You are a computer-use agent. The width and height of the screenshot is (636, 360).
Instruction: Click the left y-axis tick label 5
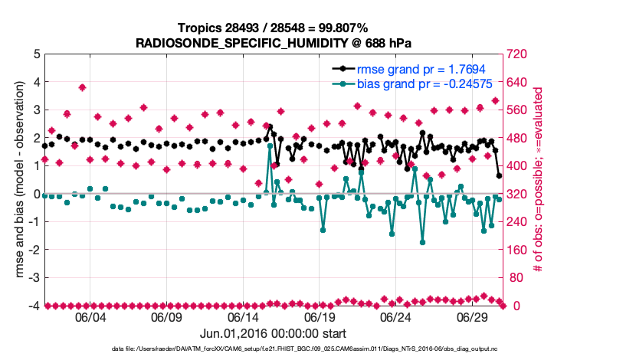pyautogui.click(x=37, y=54)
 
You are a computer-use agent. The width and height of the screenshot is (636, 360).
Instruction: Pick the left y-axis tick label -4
pyautogui.click(x=34, y=306)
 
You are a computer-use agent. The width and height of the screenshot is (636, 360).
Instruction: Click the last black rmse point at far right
pyautogui.click(x=500, y=175)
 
